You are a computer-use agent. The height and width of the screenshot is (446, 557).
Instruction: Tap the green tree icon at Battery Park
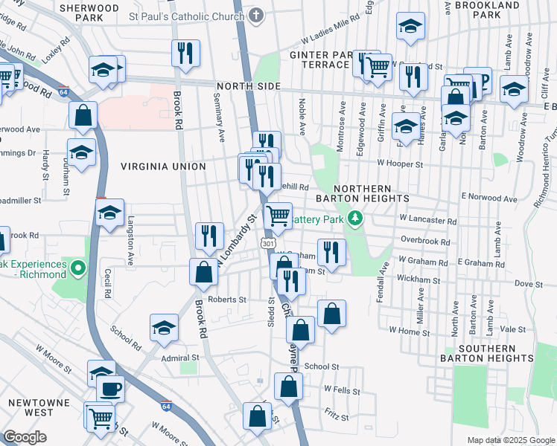click(355, 219)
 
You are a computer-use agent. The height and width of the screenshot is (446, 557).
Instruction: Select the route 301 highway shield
click(269, 243)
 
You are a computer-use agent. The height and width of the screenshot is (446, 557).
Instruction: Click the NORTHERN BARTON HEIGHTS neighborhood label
click(372, 194)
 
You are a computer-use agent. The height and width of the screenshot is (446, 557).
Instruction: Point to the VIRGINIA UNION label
click(162, 167)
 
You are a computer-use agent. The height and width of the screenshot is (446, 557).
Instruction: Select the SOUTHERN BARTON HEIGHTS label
click(497, 354)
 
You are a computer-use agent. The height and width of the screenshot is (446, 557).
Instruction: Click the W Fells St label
click(342, 390)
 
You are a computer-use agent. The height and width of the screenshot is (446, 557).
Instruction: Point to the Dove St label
click(529, 284)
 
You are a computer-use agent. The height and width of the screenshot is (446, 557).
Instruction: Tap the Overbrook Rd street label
click(425, 242)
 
